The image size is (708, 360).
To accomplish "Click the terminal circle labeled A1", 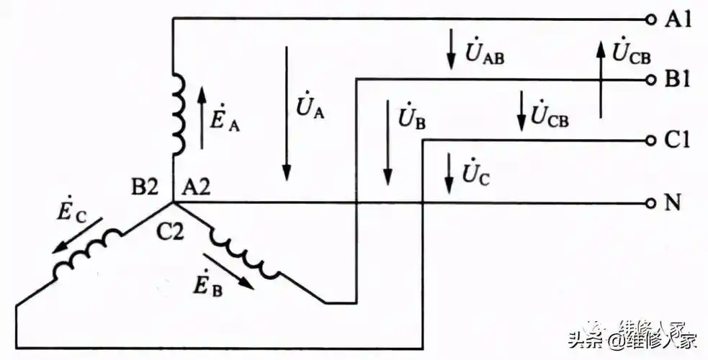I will coord(651,19).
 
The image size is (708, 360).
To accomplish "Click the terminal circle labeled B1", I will coord(651,79).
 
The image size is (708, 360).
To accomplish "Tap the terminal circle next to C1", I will coord(651,140).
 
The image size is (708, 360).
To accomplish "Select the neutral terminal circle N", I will coord(651,202).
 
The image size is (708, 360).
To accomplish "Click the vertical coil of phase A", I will coord(178,114).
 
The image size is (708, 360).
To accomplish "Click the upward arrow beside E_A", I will coord(202,117).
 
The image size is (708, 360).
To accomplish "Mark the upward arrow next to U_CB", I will coord(600,79).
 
